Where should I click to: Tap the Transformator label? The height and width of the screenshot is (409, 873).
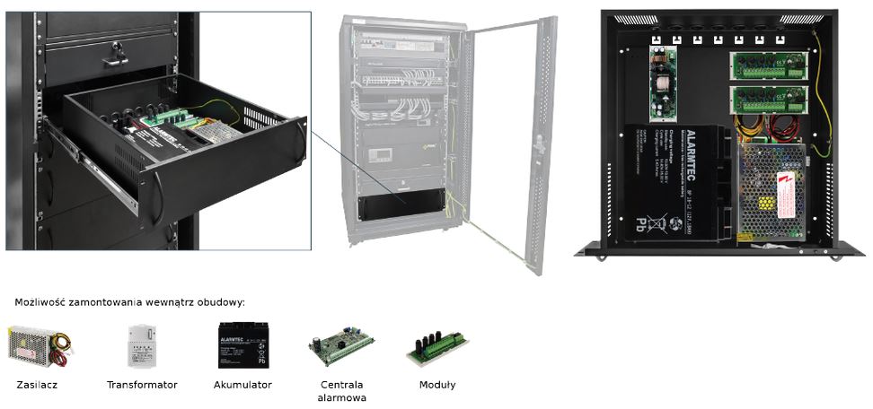[x=142, y=385]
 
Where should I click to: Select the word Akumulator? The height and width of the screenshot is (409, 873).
[x=242, y=385]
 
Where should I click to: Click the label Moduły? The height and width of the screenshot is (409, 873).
[x=437, y=385]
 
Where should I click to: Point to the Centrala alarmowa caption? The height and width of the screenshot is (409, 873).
[x=337, y=390]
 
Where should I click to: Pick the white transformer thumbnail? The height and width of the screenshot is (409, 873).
[x=142, y=346]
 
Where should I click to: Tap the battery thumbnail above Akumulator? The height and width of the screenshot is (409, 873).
[x=242, y=345]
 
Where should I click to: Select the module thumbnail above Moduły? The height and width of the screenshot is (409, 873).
[x=437, y=346]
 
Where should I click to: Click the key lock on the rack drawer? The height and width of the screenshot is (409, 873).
[x=115, y=54]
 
